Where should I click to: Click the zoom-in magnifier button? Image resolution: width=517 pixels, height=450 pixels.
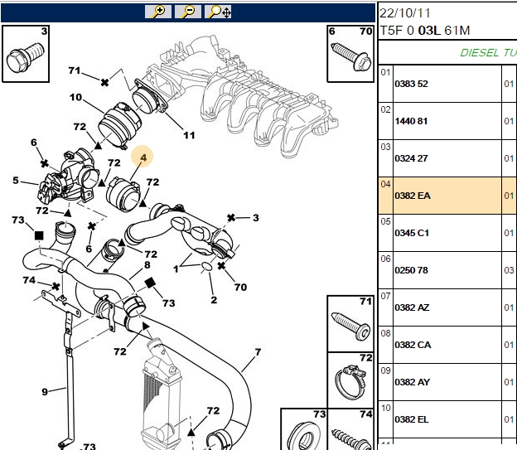(158, 12)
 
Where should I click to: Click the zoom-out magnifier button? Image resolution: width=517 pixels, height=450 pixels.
(188, 12)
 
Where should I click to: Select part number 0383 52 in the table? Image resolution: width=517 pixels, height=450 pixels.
(411, 84)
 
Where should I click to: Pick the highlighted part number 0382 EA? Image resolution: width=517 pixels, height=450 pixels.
(413, 196)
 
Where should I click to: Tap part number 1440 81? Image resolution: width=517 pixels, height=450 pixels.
(411, 121)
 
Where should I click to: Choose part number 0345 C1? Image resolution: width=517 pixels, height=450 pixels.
(412, 233)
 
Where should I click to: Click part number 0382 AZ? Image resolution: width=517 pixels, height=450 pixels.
(412, 307)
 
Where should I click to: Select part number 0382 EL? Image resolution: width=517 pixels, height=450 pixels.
(412, 419)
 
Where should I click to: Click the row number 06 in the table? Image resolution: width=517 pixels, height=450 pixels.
(385, 259)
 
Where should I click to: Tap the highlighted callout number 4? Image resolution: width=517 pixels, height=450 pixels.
(143, 157)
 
